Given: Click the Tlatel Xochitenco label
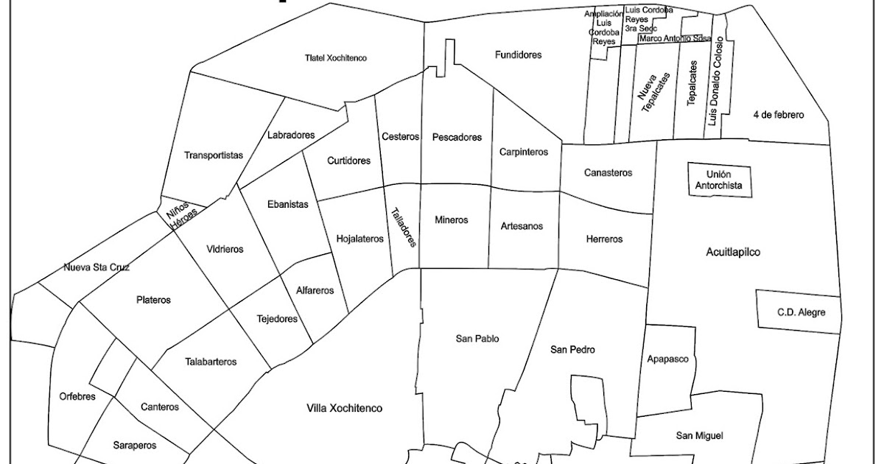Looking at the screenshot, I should [x=336, y=57].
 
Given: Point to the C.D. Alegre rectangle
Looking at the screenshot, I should [x=798, y=312].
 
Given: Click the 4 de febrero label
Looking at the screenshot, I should [x=779, y=115].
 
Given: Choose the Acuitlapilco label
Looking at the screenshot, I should [x=732, y=252].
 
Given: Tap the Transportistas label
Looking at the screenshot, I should [x=214, y=155].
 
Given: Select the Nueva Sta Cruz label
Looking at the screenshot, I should [x=97, y=267].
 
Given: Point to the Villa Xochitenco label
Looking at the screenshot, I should [x=345, y=408].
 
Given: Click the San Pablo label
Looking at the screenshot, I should [x=477, y=339].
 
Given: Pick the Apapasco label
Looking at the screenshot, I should [x=667, y=359].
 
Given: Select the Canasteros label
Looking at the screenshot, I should [x=608, y=173].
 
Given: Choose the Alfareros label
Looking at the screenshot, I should [x=315, y=290].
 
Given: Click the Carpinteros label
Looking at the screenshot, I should [x=524, y=152].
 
